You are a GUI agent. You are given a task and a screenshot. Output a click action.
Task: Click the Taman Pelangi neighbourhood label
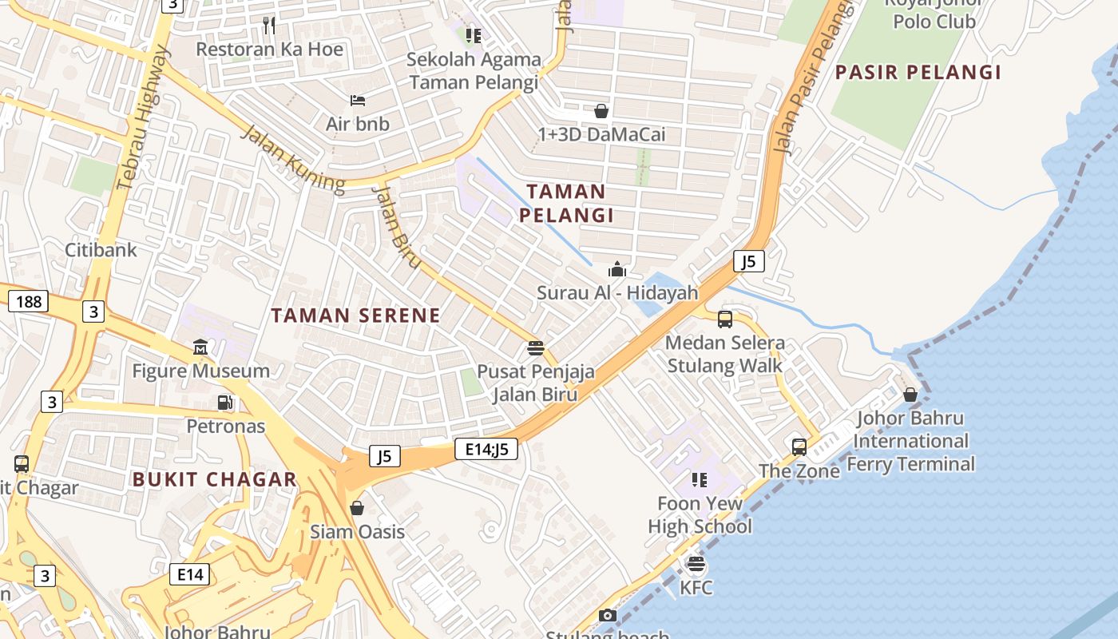566,203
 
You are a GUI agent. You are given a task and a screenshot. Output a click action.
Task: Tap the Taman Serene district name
355,316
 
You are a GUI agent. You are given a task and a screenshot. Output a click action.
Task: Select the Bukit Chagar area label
214,479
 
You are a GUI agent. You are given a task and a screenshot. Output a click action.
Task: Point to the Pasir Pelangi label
918,73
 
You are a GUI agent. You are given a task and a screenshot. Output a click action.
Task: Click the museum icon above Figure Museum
200,347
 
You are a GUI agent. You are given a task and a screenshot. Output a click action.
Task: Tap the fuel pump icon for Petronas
226,403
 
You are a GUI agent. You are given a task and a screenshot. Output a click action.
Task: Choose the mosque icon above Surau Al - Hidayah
616,270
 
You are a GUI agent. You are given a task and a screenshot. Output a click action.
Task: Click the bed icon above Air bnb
358,101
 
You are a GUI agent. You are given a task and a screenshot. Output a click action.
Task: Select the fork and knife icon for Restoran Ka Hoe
269,26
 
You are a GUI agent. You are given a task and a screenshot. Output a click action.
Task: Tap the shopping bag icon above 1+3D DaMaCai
601,111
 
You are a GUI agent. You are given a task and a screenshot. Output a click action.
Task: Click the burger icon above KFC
696,565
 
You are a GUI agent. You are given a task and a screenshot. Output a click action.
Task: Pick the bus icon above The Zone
799,447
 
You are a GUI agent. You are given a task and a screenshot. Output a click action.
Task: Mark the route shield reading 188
28,302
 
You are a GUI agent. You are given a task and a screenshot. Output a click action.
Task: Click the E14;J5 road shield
486,450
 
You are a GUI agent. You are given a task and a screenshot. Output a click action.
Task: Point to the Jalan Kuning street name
293,160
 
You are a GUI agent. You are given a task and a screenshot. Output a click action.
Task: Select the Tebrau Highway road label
143,120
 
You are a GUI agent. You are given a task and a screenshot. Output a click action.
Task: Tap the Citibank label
101,250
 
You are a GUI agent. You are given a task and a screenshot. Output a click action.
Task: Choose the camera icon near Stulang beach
607,616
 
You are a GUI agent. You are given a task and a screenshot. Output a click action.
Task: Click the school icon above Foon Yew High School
700,480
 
